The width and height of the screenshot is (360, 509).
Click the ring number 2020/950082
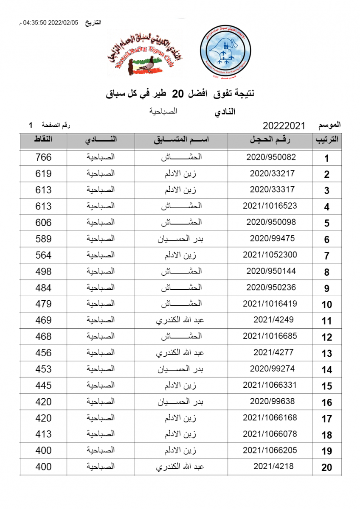271,157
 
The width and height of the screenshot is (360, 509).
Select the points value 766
43,157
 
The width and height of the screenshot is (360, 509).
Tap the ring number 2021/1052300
270,255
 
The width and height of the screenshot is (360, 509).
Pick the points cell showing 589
43,239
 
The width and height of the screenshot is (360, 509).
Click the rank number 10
326,305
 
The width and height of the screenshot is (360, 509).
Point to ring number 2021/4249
273,320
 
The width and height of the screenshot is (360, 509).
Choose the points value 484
43,288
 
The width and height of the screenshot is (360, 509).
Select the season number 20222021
284,126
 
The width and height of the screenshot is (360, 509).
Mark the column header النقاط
43,140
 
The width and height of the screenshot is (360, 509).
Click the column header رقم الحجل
271,140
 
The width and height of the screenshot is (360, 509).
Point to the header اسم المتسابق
181,140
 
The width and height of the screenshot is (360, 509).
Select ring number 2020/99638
272,401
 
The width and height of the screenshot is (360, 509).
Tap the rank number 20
326,468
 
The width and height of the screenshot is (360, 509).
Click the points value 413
43,434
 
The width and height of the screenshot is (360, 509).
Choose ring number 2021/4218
273,467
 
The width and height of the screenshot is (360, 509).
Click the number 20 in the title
180,94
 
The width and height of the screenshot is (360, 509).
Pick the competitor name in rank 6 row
181,239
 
